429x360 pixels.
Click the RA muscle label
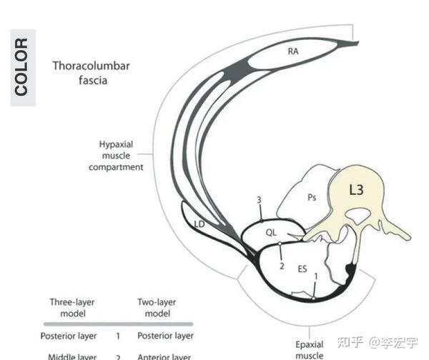click(293, 51)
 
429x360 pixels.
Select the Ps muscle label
click(312, 198)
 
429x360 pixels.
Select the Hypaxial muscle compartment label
click(116, 155)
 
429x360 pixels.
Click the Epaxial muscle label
click(310, 349)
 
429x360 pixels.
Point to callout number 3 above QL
click(259, 199)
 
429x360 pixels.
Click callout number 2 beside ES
click(282, 266)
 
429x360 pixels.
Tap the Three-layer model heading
click(71, 307)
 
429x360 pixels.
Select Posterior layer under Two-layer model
click(164, 335)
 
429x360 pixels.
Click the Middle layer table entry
click(72, 356)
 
